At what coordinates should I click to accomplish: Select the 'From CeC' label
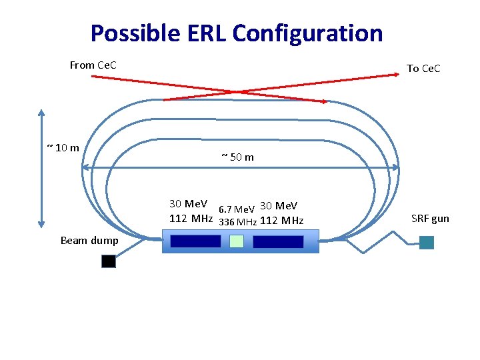coord(93,65)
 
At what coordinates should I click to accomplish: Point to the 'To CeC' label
coord(423,68)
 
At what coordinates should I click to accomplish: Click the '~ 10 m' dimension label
coord(63,147)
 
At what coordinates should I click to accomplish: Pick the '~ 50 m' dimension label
coord(237,157)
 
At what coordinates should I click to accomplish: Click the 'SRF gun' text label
coord(430,218)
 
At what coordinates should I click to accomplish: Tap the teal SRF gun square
coord(427,243)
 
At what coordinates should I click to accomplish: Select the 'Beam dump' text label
coord(89,240)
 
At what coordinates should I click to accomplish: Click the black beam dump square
coord(109,261)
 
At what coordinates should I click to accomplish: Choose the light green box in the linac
coord(237,241)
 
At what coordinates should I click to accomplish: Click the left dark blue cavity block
coord(195,241)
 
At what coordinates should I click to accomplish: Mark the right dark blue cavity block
coord(278,241)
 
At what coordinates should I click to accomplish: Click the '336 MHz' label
coord(238,221)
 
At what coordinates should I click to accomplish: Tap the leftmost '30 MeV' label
coord(189,203)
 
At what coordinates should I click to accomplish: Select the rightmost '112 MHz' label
coord(281,221)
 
